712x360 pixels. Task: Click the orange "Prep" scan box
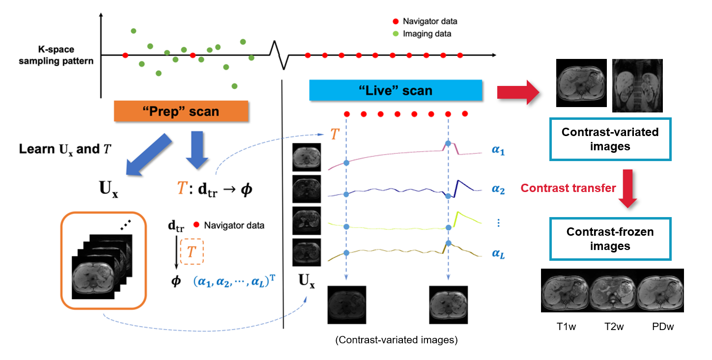pyautogui.click(x=181, y=111)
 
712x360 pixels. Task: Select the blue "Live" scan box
pyautogui.click(x=395, y=90)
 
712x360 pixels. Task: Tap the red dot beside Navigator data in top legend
pyautogui.click(x=395, y=21)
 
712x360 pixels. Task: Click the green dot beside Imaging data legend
pyautogui.click(x=395, y=34)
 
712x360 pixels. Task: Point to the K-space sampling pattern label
pyautogui.click(x=66, y=55)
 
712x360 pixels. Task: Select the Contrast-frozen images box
pyautogui.click(x=610, y=238)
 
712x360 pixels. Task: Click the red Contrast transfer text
pyautogui.click(x=568, y=188)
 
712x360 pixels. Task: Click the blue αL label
pyautogui.click(x=498, y=254)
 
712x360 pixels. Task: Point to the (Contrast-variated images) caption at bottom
pyautogui.click(x=396, y=340)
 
